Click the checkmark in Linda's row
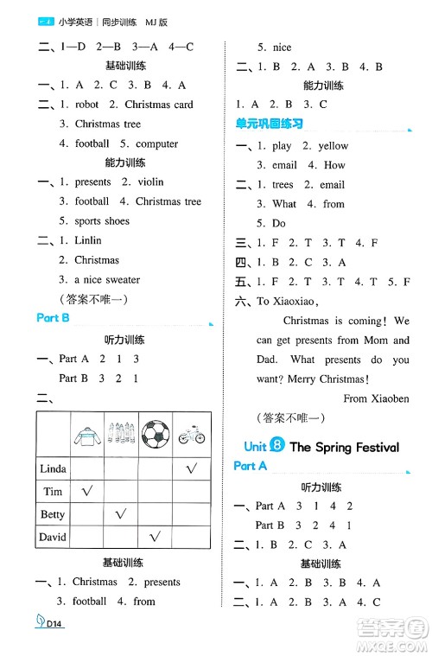[190, 468]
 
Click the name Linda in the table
[53, 468]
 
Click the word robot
[87, 105]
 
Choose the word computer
[156, 143]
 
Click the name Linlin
[88, 240]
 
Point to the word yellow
[333, 146]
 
